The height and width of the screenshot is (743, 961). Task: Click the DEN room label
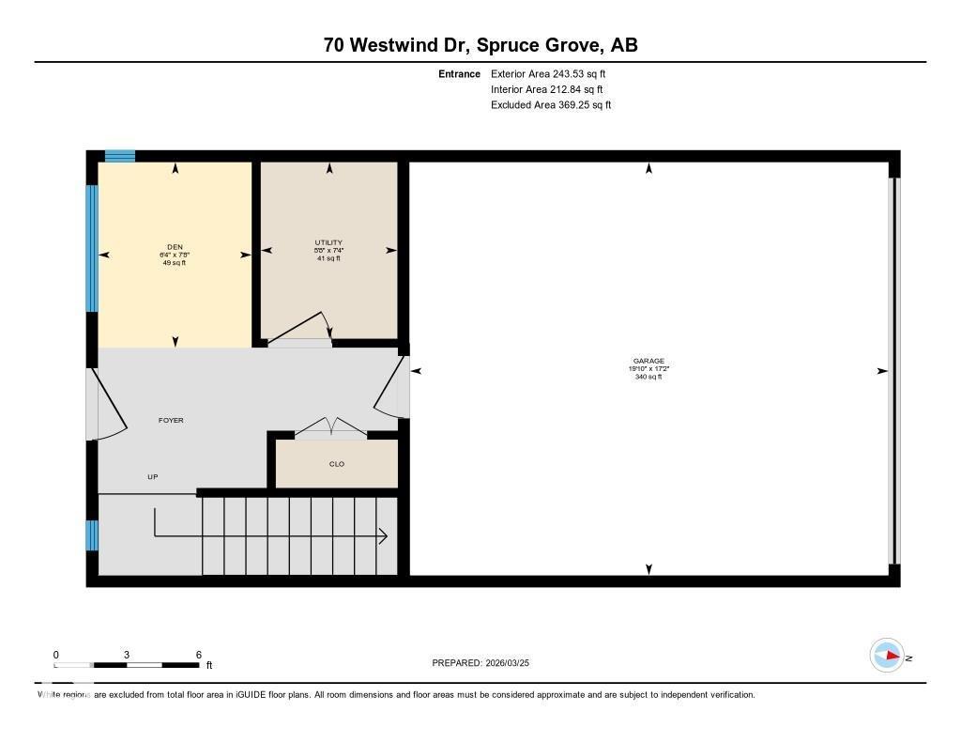coord(175,247)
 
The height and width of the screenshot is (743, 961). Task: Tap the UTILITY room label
coord(328,243)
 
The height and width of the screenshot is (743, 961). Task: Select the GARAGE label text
coord(648,362)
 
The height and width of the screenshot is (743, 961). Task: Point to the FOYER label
coord(171,420)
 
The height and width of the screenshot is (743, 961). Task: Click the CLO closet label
coord(337,464)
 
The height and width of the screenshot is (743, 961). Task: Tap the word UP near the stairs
coord(153,477)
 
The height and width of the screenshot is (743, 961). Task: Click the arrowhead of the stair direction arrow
coord(384,536)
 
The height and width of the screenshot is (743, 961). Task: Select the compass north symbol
coord(887,656)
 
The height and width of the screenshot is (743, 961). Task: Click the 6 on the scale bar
coord(199,655)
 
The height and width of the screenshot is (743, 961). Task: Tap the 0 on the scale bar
coord(55,655)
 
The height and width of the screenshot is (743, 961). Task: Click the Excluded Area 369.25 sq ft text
coord(551,105)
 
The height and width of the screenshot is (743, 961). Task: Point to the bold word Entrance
coord(459,73)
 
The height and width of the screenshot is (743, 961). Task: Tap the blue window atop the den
coord(119,156)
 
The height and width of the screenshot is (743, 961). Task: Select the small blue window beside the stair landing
coord(92,535)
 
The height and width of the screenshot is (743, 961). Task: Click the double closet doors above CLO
coord(330,427)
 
